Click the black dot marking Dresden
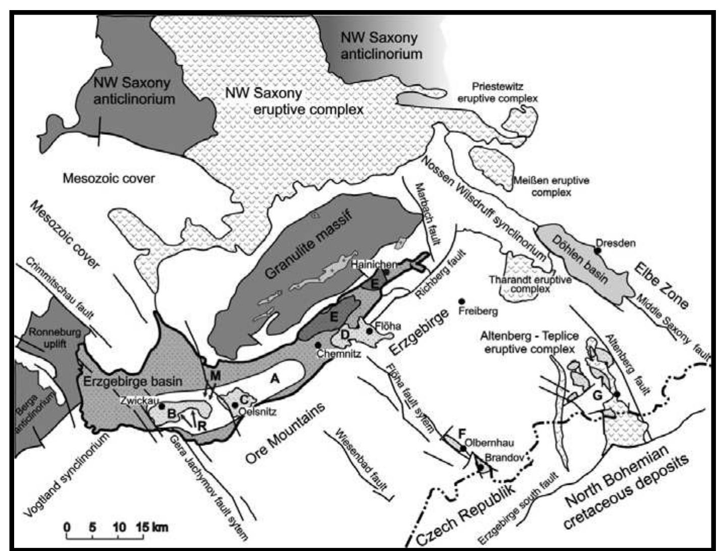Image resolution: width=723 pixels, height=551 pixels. [x=597, y=250]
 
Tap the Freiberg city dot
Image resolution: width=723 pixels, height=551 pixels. [x=461, y=301]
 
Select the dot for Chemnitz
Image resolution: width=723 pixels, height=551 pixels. [x=318, y=344]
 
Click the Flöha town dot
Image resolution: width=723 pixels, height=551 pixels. [x=370, y=331]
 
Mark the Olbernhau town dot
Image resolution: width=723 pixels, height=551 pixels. [x=463, y=448]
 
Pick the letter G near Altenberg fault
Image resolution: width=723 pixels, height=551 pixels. [x=597, y=395]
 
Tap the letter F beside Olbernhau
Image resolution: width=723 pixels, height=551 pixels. [x=461, y=433]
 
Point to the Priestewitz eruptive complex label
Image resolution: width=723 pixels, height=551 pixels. [x=497, y=92]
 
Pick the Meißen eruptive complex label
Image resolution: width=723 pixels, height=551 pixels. [x=551, y=186]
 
